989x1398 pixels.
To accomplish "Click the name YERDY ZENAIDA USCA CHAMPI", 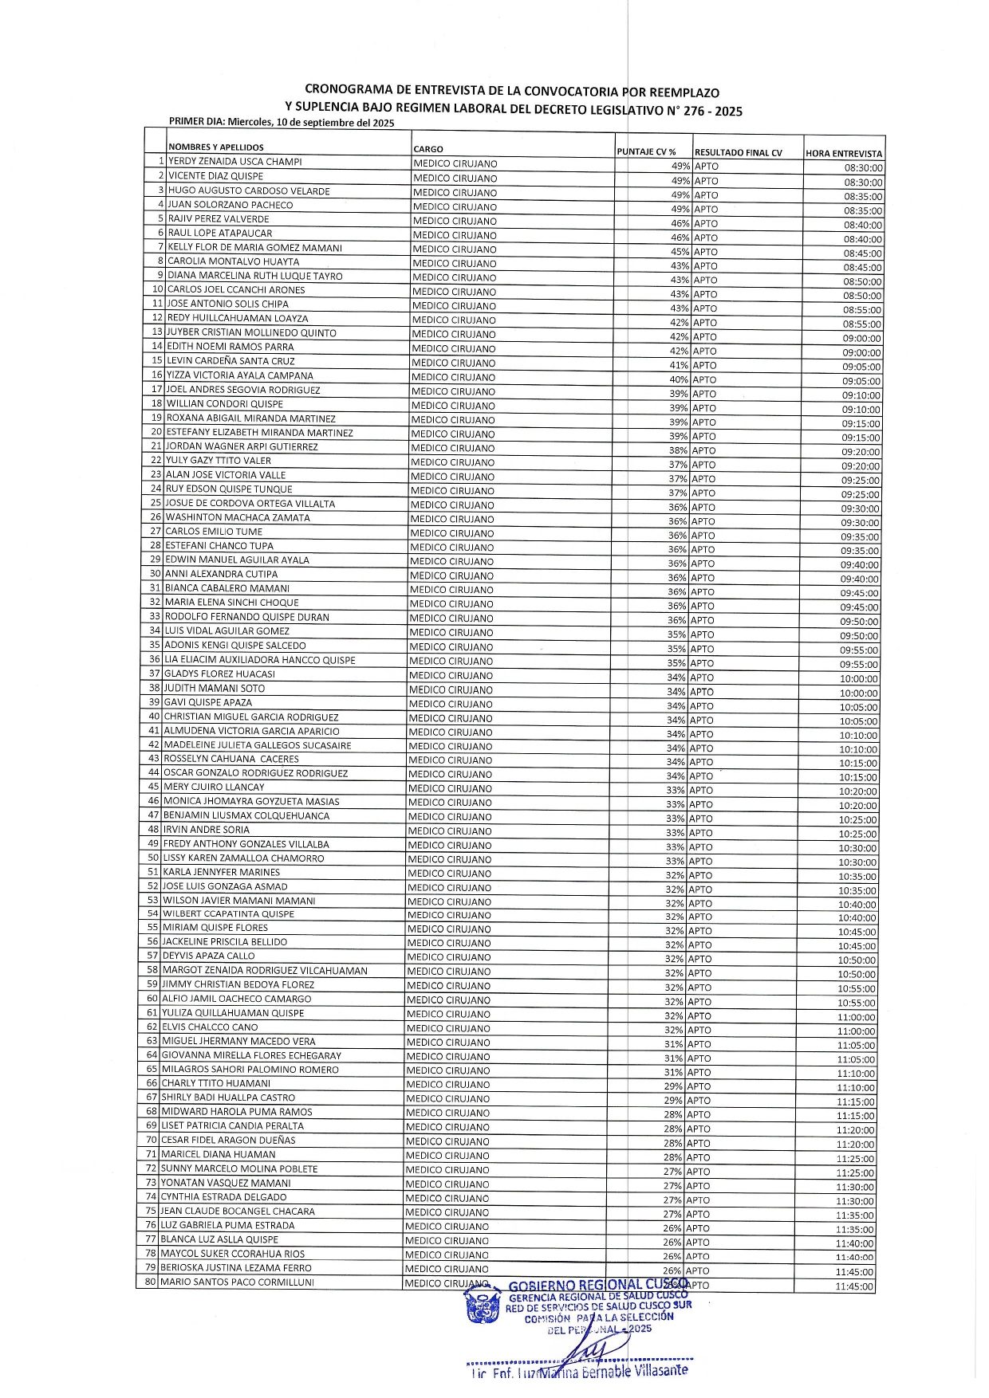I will point(234,162).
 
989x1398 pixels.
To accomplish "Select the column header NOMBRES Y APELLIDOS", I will point(215,147).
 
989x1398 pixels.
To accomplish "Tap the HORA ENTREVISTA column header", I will point(844,154).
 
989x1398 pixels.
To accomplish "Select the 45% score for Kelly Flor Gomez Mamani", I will point(680,252).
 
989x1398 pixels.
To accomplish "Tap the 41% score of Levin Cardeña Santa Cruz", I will point(679,365).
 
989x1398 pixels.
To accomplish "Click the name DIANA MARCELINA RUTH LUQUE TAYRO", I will point(254,276).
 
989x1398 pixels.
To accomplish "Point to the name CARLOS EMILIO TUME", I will point(214,532).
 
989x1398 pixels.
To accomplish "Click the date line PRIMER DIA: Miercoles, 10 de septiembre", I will point(282,123).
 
